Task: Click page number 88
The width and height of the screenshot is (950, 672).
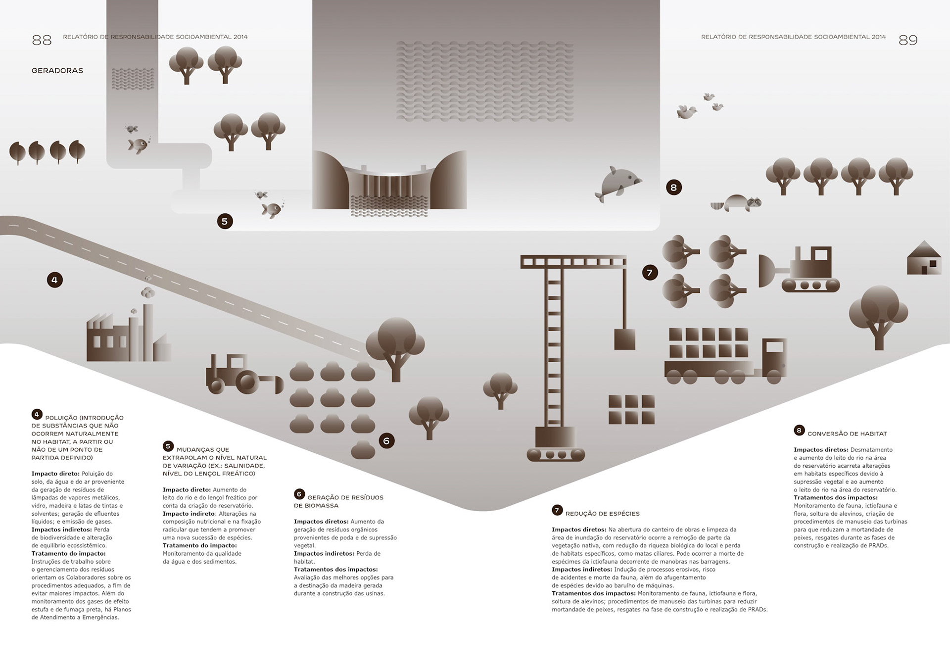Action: click(42, 40)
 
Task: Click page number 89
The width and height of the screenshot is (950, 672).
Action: click(908, 40)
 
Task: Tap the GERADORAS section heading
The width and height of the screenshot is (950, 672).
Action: click(57, 71)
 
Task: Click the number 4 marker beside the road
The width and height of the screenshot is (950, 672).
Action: click(54, 280)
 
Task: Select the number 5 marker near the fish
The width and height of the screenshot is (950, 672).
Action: click(225, 221)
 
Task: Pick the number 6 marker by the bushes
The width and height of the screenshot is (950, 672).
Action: click(386, 441)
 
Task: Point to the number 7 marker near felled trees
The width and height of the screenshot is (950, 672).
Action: click(650, 273)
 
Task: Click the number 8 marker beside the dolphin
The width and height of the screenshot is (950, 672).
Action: click(673, 188)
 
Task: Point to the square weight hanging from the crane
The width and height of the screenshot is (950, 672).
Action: click(624, 339)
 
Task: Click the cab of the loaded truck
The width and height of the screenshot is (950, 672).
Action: click(774, 357)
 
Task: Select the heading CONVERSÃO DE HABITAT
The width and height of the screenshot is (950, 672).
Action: click(847, 434)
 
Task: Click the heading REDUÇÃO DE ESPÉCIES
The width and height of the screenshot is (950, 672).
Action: click(602, 514)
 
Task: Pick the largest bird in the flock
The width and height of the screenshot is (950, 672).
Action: click(687, 112)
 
